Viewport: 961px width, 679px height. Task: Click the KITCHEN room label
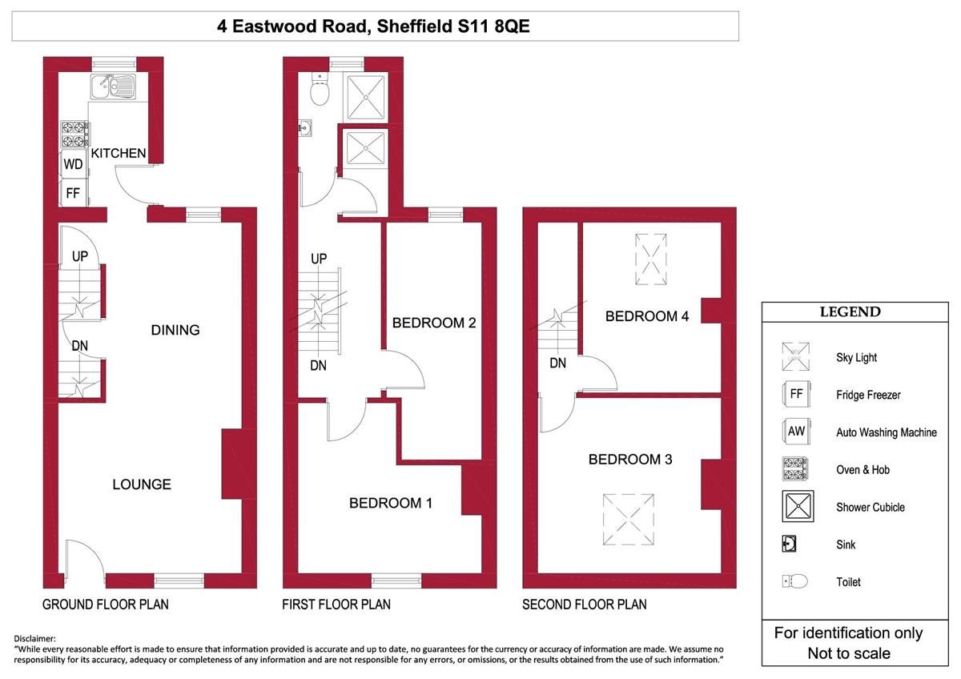coord(119,153)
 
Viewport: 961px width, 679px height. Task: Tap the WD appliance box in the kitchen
coord(74,164)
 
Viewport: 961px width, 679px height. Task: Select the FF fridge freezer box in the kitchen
coord(73,193)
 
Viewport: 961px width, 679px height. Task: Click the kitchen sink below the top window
coord(113,84)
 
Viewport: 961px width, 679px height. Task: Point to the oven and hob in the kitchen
coord(74,134)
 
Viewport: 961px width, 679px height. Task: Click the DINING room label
coord(175,330)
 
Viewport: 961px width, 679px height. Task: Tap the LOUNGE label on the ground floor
coord(142,484)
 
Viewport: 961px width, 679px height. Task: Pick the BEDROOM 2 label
coord(434,323)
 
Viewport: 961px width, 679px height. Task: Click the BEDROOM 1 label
coord(391,503)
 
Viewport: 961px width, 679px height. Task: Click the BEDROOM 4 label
coord(647,316)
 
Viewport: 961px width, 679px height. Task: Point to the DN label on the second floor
coord(558,363)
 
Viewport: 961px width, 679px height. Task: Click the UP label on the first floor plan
coord(319,259)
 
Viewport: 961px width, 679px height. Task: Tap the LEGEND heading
coord(850,312)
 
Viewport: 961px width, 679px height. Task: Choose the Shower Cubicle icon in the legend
coord(798,507)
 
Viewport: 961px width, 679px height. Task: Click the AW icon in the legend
coord(796,432)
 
